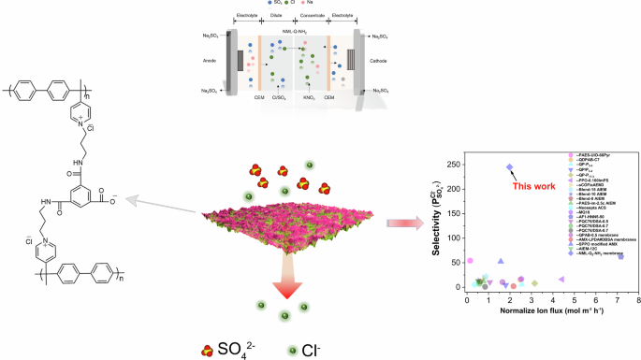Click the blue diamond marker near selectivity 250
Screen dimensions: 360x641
pos(510,167)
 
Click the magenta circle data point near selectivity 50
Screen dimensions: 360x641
pos(470,261)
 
